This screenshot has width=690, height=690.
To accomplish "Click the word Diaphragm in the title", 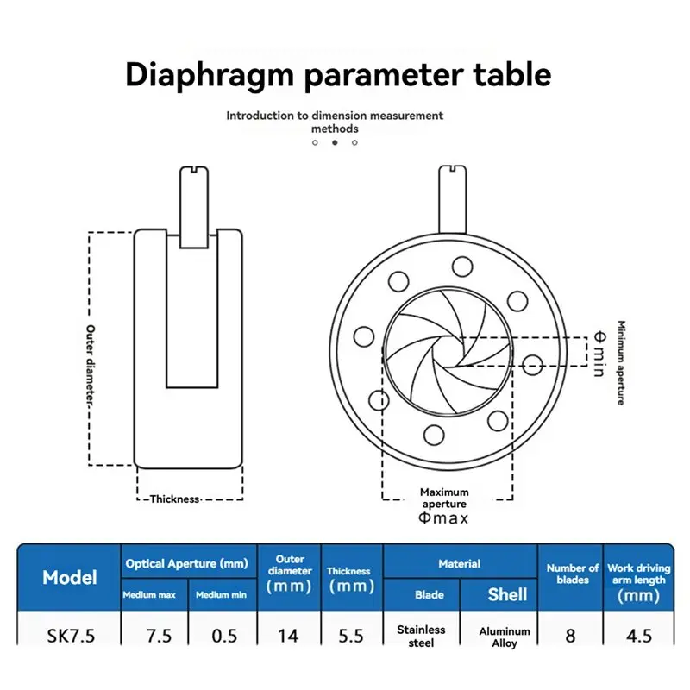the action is click(x=210, y=75).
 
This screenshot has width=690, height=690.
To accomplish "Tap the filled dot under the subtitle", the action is click(x=335, y=142).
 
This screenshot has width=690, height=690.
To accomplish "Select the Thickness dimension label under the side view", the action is click(x=175, y=499).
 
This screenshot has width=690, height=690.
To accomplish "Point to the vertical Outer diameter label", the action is click(x=91, y=365).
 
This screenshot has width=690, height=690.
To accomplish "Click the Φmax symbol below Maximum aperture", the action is click(x=443, y=518).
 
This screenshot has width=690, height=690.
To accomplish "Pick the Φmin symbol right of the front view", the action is click(x=599, y=354).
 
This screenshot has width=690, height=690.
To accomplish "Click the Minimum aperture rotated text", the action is click(x=621, y=362).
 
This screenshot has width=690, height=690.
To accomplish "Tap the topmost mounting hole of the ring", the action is click(x=462, y=267).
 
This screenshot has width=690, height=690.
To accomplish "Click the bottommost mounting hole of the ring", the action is click(x=434, y=435).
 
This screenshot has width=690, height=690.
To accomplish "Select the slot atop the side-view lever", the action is click(x=194, y=168).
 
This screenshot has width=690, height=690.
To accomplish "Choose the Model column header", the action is click(x=70, y=577).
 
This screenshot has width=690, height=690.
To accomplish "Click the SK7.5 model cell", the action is click(x=71, y=636).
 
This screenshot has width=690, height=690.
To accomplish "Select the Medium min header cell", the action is click(x=221, y=595).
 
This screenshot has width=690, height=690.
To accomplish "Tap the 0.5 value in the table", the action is click(x=224, y=636).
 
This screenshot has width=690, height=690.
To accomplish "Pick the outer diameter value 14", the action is click(x=288, y=636).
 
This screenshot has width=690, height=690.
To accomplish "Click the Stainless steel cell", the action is click(x=421, y=637).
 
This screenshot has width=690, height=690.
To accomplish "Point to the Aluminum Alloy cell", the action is click(x=505, y=637).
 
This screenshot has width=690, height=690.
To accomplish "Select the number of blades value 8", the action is click(x=570, y=636).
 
